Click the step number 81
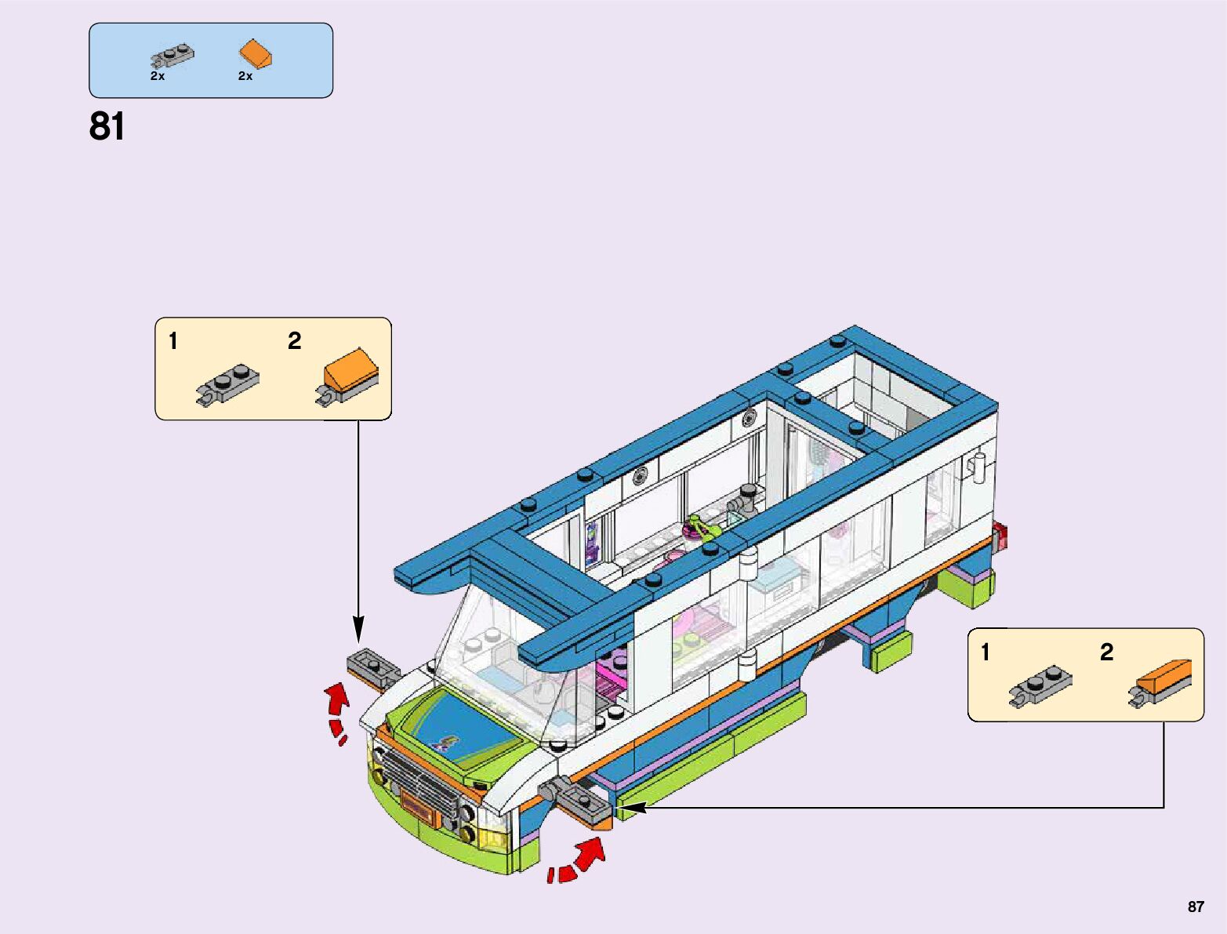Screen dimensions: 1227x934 (107, 126)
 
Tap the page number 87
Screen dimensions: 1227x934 (1196, 907)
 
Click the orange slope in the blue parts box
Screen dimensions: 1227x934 (256, 54)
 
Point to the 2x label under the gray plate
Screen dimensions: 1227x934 (158, 76)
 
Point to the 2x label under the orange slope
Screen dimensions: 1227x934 (245, 76)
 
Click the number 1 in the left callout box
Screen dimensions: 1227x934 (173, 341)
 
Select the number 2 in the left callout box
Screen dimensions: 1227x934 (294, 341)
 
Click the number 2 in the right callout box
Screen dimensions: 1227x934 (1106, 652)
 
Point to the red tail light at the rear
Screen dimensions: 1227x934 (1001, 537)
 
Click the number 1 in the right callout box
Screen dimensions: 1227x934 (986, 652)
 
